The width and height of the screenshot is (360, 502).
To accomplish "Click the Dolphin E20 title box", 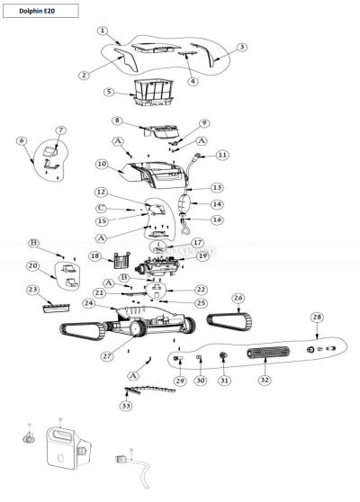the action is click(x=40, y=11).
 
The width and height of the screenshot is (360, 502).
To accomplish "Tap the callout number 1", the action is click(x=103, y=31).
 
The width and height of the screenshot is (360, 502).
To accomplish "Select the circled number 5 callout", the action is click(x=109, y=92).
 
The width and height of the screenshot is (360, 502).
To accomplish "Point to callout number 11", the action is click(x=222, y=156).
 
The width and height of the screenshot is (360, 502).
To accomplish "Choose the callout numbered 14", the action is click(x=217, y=204).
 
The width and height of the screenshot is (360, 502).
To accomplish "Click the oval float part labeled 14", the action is click(x=184, y=202).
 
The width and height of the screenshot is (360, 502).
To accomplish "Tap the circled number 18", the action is click(x=94, y=256).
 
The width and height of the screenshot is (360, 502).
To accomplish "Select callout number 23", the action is click(x=33, y=290).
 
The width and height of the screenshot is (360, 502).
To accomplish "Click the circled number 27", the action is click(x=107, y=356).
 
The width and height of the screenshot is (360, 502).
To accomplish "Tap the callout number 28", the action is click(x=317, y=318).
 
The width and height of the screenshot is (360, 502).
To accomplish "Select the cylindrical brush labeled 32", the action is click(x=268, y=354).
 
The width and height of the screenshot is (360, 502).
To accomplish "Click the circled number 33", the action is click(x=127, y=406).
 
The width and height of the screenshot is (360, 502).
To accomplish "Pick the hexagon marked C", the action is click(x=101, y=208).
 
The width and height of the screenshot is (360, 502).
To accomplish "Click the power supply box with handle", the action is click(x=68, y=449).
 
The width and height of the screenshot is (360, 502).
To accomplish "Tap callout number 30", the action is click(x=201, y=380).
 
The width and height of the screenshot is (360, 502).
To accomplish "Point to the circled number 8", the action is click(x=117, y=121).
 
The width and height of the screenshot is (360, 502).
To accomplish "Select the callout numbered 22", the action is click(x=201, y=290).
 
